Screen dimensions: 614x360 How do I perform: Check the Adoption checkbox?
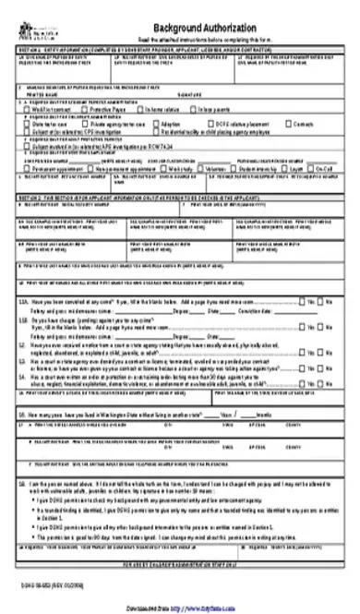pos(157,123)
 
